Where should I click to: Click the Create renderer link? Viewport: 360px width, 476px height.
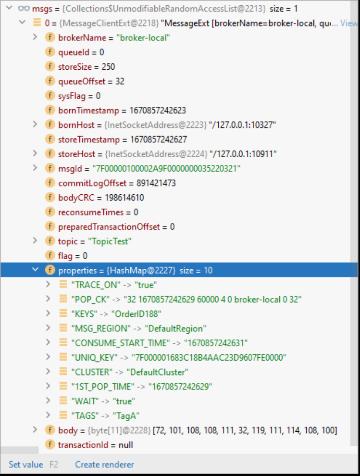[104, 464]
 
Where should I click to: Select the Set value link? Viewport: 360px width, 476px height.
[25, 464]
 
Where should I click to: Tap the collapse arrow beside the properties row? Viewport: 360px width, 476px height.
[35, 270]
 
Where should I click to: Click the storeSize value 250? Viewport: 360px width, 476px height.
[108, 67]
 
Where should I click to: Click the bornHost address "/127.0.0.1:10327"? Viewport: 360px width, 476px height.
[243, 125]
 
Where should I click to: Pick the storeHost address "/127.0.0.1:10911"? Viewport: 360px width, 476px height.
[243, 154]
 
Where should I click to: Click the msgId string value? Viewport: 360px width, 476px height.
[162, 169]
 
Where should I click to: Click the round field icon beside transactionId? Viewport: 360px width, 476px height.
[50, 445]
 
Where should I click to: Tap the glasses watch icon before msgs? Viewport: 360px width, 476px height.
[22, 8]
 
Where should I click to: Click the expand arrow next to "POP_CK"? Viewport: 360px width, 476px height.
[48, 300]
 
